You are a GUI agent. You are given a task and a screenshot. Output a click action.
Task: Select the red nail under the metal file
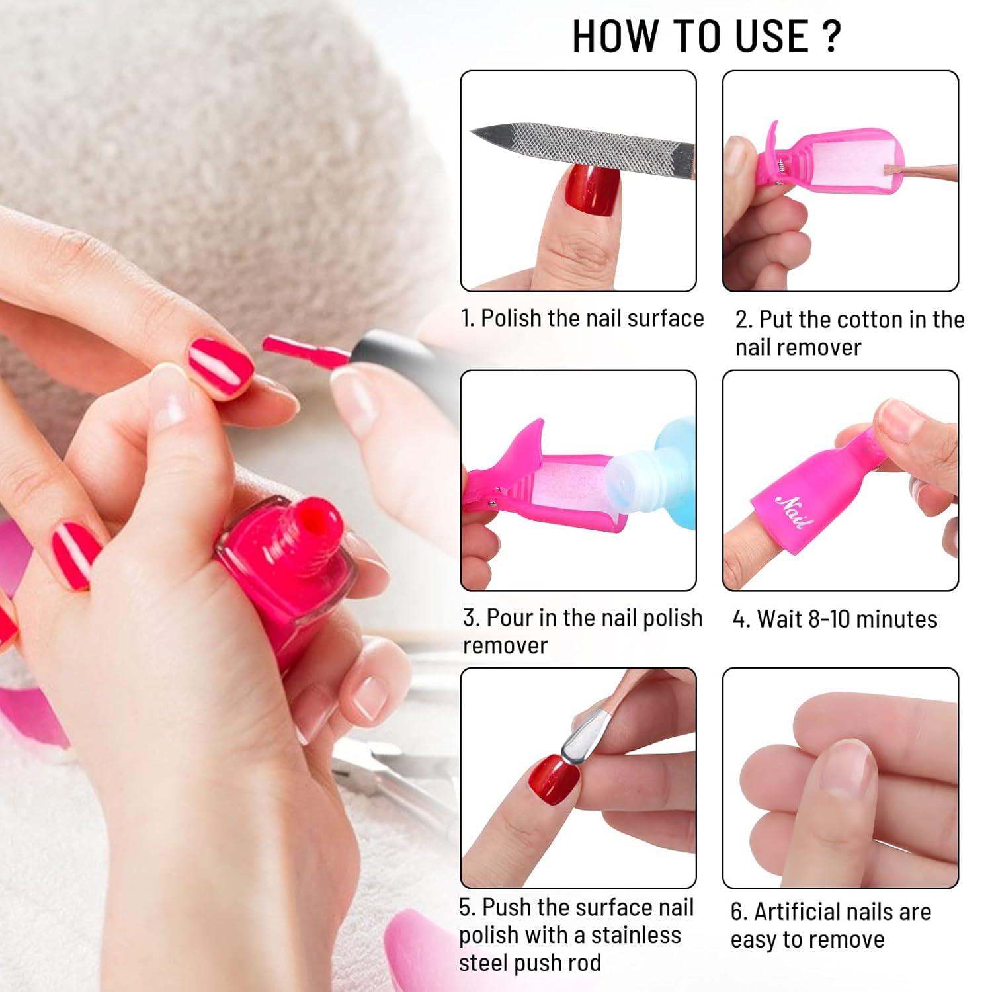coord(593,189)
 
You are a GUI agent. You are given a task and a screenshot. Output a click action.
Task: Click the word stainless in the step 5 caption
coord(636,935)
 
